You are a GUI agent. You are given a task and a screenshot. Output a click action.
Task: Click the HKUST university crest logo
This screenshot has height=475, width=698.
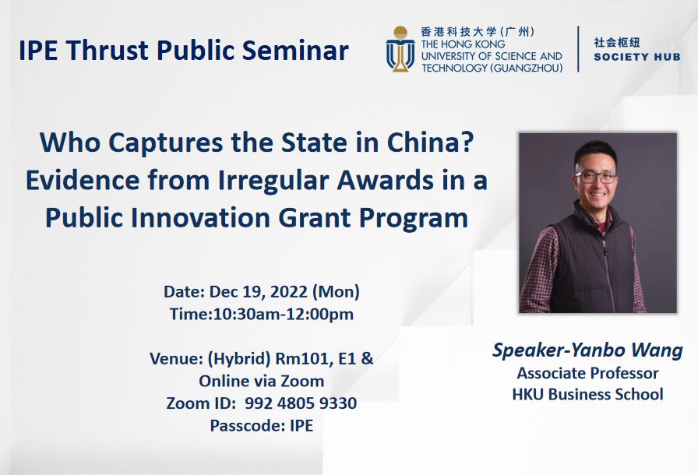click(400, 49)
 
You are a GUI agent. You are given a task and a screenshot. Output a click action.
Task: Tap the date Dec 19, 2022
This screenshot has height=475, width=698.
click(259, 292)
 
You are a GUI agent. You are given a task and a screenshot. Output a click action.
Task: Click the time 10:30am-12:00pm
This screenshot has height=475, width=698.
click(283, 315)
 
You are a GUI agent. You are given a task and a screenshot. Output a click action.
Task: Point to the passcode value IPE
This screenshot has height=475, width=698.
click(301, 426)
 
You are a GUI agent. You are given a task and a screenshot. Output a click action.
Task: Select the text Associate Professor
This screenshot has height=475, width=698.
click(587, 372)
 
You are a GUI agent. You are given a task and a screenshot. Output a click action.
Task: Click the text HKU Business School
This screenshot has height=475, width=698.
click(587, 394)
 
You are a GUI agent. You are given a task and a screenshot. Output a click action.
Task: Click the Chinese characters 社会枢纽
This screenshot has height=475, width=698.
click(617, 42)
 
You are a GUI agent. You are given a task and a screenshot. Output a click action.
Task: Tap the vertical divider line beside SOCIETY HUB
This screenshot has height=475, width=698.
click(578, 49)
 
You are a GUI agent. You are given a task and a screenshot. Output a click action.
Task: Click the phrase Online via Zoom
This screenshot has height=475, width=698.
click(262, 381)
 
